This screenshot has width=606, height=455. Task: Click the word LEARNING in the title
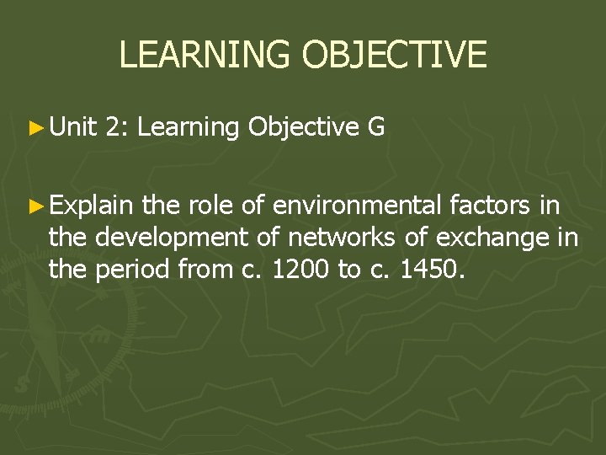click(x=206, y=55)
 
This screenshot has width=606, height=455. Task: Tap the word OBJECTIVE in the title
click(x=394, y=55)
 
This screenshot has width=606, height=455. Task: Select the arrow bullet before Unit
click(x=35, y=128)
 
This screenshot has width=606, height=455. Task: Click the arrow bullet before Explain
click(x=35, y=205)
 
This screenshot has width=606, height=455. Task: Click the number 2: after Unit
click(x=118, y=127)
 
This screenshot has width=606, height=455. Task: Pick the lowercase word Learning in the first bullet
click(x=188, y=127)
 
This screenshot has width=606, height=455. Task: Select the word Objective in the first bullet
click(x=304, y=127)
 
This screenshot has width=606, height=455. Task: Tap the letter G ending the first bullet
click(x=376, y=127)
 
